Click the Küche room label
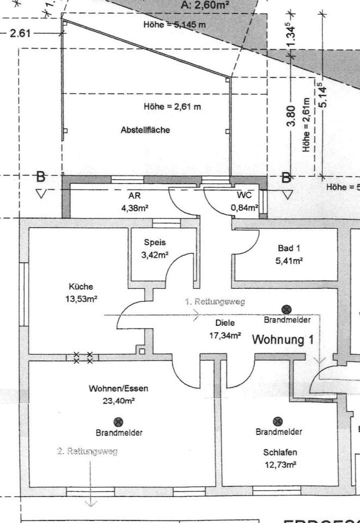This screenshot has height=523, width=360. click(x=81, y=287)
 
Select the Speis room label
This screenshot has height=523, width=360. click(x=155, y=243)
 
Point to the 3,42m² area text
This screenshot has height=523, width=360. click(x=155, y=254)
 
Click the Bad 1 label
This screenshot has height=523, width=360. click(x=289, y=248)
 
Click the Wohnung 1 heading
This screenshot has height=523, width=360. click(x=283, y=340)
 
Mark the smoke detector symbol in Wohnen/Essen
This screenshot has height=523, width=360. click(x=118, y=421)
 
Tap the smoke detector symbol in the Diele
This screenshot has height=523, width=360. click(x=286, y=309)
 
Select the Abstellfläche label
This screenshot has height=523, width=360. click(x=145, y=130)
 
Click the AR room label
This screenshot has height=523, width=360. click(x=135, y=195)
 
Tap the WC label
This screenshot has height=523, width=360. click(x=243, y=195)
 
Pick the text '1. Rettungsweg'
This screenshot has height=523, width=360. click(x=215, y=301)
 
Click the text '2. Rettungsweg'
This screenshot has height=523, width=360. click(x=88, y=452)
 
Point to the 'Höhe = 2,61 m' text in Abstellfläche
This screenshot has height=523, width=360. click(x=172, y=106)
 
